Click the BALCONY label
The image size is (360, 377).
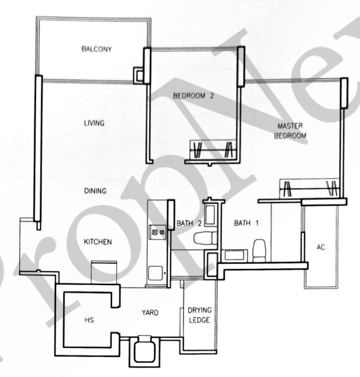(x=97, y=49)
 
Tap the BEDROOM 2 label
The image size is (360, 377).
(x=193, y=96)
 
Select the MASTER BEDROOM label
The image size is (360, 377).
(x=290, y=131)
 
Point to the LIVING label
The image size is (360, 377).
(x=94, y=123)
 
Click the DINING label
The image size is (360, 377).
(x=95, y=191)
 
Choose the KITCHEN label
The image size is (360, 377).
(x=98, y=241)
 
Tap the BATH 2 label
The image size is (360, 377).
(x=189, y=223)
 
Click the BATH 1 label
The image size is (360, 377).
(x=247, y=223)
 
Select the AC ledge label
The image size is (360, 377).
(x=321, y=247)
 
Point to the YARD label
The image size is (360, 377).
(x=150, y=313)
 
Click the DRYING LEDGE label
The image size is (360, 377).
(x=199, y=315)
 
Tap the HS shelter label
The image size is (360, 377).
(x=89, y=320)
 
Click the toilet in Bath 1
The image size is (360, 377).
(x=259, y=250)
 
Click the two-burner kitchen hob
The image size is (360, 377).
(x=157, y=232)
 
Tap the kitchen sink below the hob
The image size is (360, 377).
(x=155, y=273)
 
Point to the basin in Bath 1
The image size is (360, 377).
(x=234, y=255)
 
